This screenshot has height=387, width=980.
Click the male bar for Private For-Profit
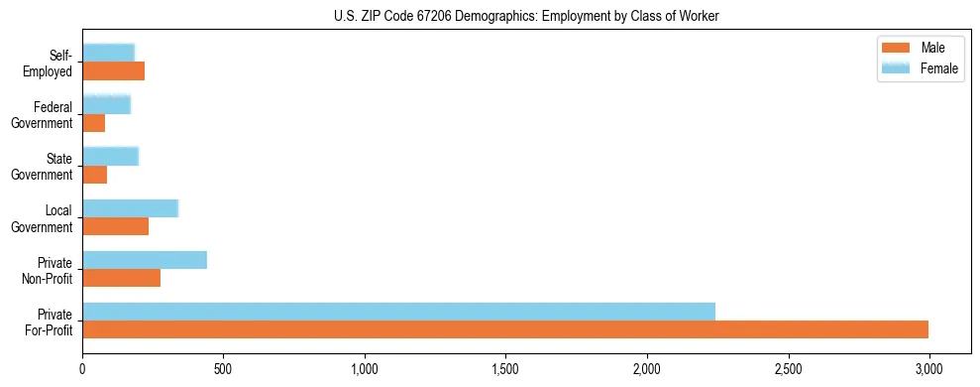[505, 329]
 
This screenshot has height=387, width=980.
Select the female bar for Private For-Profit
[398, 312]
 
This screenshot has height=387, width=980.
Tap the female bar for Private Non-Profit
[145, 260]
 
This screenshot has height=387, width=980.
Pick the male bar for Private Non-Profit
[121, 278]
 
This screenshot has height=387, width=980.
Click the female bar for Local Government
[130, 208]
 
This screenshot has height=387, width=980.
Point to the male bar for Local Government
[115, 226]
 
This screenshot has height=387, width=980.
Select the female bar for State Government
[110, 156]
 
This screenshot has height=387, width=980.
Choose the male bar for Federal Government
[93, 123]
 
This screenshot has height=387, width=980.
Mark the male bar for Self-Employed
[113, 71]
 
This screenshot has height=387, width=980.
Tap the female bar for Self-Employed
[108, 53]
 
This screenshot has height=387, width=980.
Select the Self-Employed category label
[54, 63]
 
